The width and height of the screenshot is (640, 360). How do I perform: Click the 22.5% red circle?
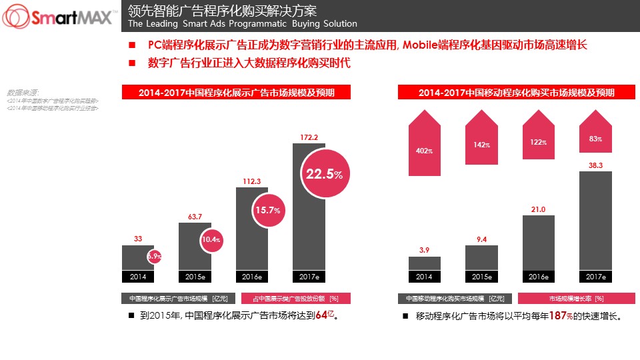324,175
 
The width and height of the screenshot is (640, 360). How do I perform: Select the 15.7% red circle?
267,210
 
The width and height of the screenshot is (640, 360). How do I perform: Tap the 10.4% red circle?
211,239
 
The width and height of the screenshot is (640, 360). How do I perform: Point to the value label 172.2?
309,137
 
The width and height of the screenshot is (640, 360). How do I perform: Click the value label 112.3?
252,181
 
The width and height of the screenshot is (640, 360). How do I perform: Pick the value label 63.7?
195,217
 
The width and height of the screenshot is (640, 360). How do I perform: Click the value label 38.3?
595,165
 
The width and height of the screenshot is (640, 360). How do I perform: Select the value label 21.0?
539,209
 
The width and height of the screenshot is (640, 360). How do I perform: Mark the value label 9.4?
481,239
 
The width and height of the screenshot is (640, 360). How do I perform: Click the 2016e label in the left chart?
252,276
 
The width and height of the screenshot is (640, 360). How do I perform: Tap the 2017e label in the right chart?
595,276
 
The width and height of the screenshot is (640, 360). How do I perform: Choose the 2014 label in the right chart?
424,276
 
